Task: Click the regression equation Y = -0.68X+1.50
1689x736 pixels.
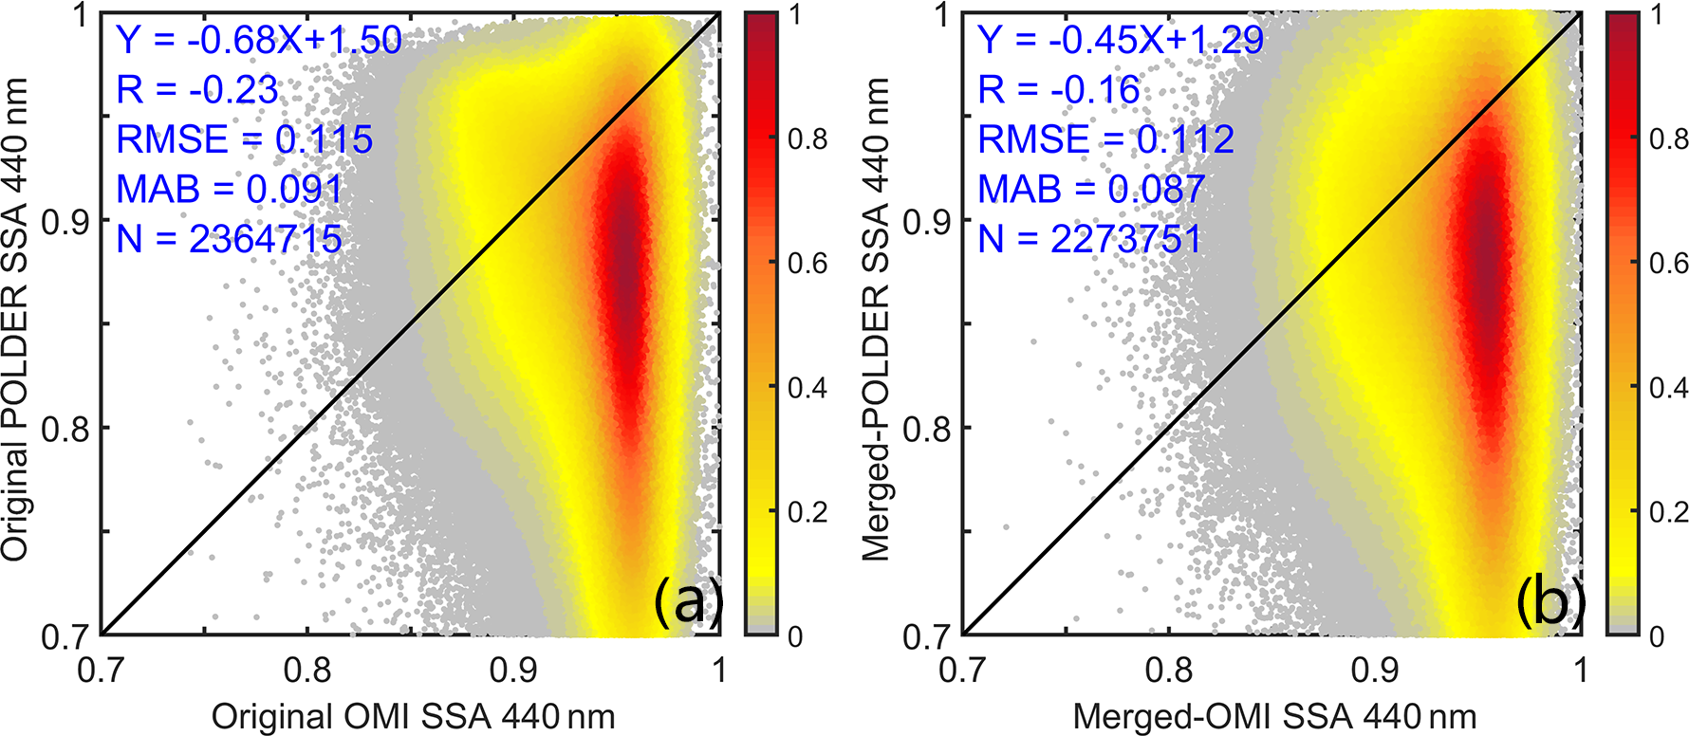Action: [258, 40]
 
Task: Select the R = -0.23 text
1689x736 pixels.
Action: [197, 90]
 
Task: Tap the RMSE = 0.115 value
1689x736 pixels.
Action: [244, 140]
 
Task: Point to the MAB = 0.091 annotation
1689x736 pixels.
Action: [229, 190]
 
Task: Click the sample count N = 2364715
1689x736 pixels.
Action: [229, 239]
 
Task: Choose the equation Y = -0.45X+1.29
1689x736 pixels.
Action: [1120, 40]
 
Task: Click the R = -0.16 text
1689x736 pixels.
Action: [1059, 90]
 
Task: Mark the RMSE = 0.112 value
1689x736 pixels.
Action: [1105, 140]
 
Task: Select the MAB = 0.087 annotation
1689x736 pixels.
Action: [1090, 190]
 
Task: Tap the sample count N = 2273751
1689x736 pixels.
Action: [1090, 239]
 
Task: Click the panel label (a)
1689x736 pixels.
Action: [688, 602]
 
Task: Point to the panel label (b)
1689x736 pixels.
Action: [1550, 602]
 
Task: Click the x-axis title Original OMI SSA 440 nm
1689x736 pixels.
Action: [413, 717]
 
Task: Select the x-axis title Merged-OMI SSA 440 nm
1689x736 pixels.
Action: [1274, 717]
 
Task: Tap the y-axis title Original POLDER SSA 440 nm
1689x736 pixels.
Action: [17, 321]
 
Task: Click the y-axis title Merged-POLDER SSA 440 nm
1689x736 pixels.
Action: [878, 321]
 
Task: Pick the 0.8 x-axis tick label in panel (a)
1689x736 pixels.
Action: [307, 670]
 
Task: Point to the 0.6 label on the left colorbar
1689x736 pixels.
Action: [807, 264]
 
